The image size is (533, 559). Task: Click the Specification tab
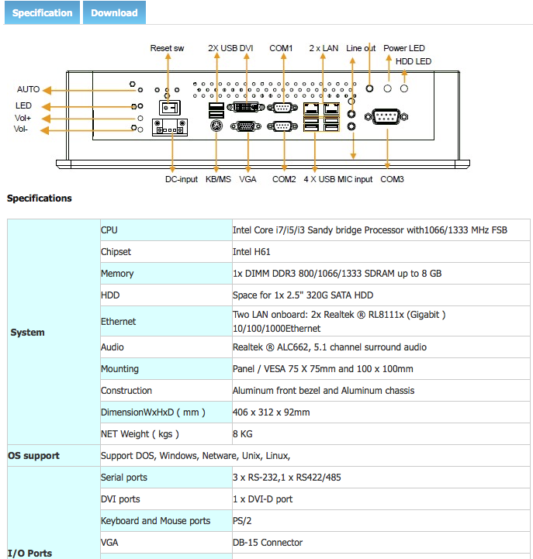click(42, 12)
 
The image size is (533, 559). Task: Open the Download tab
click(114, 12)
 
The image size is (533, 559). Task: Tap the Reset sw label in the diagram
click(167, 48)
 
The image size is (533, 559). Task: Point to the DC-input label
click(182, 179)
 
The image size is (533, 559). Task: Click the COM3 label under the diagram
click(392, 179)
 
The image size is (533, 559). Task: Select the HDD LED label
click(414, 61)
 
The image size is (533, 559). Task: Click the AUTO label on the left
click(28, 89)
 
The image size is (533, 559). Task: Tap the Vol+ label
click(22, 118)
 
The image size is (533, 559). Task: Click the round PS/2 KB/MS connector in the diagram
click(216, 126)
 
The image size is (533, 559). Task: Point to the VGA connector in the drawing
click(246, 126)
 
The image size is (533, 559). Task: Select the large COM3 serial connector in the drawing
click(386, 116)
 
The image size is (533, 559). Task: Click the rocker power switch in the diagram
click(170, 107)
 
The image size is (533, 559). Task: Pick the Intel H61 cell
click(251, 252)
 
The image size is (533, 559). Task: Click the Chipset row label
click(116, 252)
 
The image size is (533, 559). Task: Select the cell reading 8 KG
click(243, 434)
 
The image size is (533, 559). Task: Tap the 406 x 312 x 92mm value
click(271, 412)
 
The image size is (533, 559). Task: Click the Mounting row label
click(119, 368)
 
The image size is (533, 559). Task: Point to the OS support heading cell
click(33, 456)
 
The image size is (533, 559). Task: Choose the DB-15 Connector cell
click(268, 542)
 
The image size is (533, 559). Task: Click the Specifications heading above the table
click(40, 198)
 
